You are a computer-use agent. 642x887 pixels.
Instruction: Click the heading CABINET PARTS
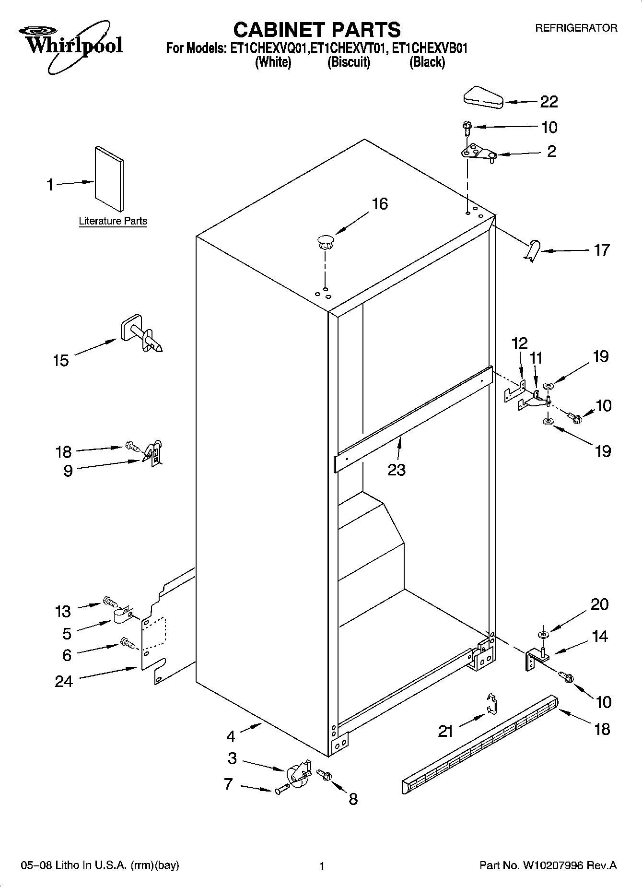point(316,30)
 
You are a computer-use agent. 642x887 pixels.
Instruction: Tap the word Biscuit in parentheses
point(349,62)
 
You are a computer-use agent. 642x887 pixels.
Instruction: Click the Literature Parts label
point(113,221)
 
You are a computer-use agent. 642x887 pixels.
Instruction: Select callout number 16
point(379,204)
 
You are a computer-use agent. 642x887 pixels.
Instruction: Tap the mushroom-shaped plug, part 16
point(325,241)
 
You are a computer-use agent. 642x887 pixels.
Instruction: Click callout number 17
point(601,250)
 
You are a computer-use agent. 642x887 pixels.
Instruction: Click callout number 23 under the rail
point(397,470)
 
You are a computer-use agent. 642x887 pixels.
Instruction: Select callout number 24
point(64,681)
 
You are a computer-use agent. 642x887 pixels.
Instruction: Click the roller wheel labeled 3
point(298,772)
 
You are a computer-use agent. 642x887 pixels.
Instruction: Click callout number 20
point(599,604)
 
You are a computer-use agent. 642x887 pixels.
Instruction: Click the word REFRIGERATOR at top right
point(576,28)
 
